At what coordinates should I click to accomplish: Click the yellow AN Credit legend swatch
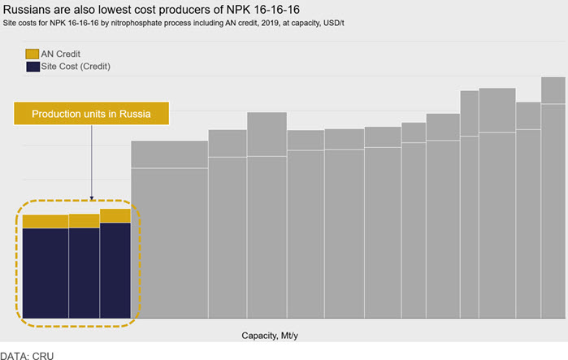point(33,54)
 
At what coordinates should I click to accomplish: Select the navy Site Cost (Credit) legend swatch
point(33,67)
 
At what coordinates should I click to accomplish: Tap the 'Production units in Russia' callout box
point(91,113)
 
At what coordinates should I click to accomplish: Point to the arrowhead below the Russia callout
point(92,198)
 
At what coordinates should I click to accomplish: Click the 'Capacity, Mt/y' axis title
point(270,336)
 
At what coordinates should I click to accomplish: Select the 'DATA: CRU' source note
point(27,356)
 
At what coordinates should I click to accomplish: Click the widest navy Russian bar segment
point(46,273)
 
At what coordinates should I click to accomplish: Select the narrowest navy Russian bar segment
point(115,270)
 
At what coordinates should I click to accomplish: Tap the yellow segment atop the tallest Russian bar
point(115,216)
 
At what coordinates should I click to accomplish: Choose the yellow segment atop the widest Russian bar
point(46,222)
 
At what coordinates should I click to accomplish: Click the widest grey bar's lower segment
point(170,243)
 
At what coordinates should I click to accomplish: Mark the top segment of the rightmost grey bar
point(553,90)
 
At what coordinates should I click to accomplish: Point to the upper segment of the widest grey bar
point(170,154)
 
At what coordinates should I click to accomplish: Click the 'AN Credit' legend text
point(60,54)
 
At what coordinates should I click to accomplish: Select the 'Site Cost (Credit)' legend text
point(76,67)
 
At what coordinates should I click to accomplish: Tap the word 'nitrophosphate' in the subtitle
point(132,24)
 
